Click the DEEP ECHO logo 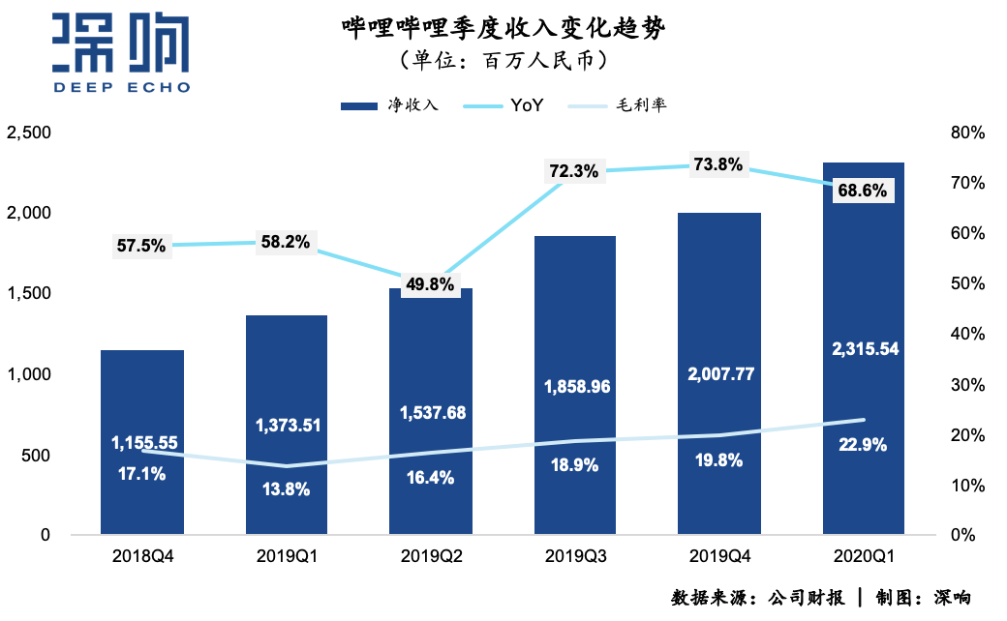(121, 53)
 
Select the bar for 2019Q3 (575, 319)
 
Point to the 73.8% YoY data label (718, 164)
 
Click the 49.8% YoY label (429, 284)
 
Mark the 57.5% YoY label (141, 246)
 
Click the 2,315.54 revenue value (863, 349)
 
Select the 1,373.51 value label (287, 425)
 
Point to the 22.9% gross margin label (863, 445)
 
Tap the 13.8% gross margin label (287, 489)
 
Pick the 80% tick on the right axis (967, 133)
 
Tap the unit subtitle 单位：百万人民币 (503, 60)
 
